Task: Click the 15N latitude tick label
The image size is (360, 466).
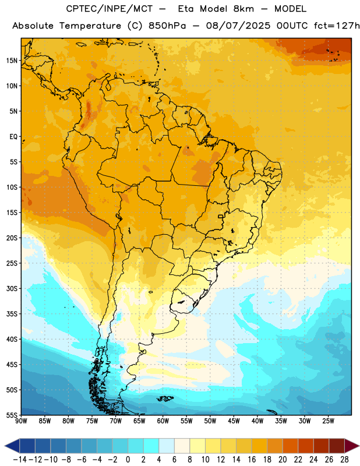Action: tap(12, 61)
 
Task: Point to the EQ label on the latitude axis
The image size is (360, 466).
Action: tap(13, 137)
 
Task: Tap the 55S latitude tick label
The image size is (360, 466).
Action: tap(12, 415)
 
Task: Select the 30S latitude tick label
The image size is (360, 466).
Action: tap(12, 288)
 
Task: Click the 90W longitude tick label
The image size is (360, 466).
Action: tap(22, 421)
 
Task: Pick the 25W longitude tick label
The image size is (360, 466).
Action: tap(328, 421)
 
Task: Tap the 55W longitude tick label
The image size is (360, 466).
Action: tap(186, 421)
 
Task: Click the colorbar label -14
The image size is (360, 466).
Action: tap(20, 460)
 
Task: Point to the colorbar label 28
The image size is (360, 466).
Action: tap(344, 460)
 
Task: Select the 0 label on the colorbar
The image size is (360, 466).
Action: tap(128, 460)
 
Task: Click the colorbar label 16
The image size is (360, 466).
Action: tap(252, 460)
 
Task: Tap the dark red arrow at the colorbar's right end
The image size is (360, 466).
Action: tap(352, 446)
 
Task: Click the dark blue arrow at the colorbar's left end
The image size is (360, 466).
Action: tap(12, 446)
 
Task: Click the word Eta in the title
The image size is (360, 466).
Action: tap(185, 9)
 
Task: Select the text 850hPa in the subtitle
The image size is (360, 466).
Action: tap(167, 26)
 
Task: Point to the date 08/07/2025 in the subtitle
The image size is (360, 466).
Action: tap(238, 26)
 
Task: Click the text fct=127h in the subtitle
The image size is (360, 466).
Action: tap(337, 26)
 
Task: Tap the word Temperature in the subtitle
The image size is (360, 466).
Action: tap(90, 26)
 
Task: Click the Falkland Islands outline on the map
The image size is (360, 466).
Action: tap(165, 398)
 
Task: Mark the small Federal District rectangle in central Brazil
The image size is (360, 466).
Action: tap(221, 216)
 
